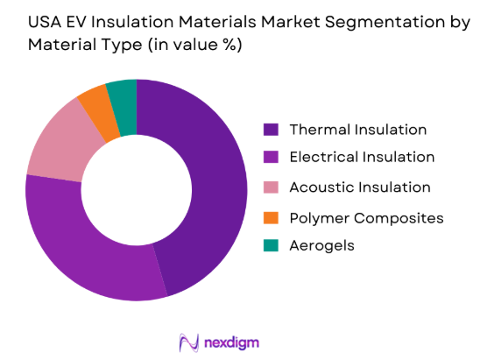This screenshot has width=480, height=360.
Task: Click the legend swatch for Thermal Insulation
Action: (272, 130)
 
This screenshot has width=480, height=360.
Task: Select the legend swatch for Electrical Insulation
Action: (272, 158)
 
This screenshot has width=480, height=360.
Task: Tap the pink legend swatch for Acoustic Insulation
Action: (272, 187)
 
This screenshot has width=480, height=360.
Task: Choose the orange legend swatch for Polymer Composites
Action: (272, 217)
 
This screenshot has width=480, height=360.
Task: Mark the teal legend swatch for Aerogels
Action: (272, 246)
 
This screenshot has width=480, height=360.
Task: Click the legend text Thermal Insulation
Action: (357, 130)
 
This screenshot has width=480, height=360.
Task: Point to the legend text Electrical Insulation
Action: (362, 158)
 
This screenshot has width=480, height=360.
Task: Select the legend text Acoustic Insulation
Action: (360, 187)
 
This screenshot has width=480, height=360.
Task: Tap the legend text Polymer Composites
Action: (366, 217)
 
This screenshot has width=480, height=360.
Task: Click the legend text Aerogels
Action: (321, 246)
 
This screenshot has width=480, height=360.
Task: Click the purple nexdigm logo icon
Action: (188, 341)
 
